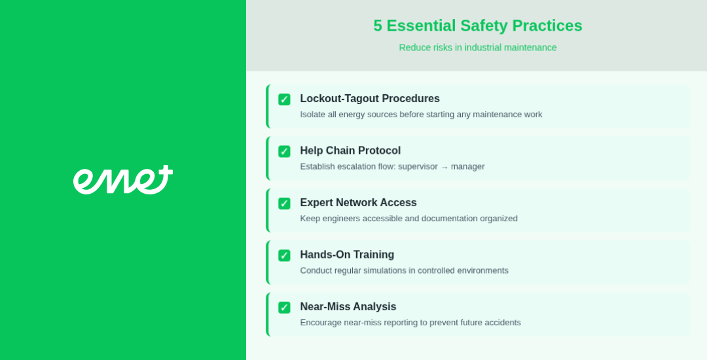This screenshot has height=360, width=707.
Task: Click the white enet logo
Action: coord(122,180)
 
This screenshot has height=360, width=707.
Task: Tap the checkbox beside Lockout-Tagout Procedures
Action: coord(284,99)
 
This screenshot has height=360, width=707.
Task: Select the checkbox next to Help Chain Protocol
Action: coord(284,151)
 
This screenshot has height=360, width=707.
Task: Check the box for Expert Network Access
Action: coord(284,204)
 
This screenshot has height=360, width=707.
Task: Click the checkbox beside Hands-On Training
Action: coord(284,255)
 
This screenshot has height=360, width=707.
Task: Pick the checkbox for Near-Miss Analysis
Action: coord(284,308)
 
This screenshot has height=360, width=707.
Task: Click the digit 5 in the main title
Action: coord(378,26)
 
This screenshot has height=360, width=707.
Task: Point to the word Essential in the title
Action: coord(421,26)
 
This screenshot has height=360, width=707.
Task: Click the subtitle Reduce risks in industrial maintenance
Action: coord(478,47)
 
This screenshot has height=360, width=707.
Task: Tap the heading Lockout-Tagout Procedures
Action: coord(370,99)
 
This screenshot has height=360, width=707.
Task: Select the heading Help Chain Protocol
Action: coord(350,151)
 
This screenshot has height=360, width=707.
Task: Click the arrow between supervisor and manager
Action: coord(444,167)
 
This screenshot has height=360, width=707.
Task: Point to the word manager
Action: coord(467,167)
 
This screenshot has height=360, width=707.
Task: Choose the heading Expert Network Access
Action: coord(359,203)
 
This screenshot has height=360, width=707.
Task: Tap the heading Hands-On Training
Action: coord(347,255)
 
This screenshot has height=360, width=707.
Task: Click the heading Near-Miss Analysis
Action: coord(348,307)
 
